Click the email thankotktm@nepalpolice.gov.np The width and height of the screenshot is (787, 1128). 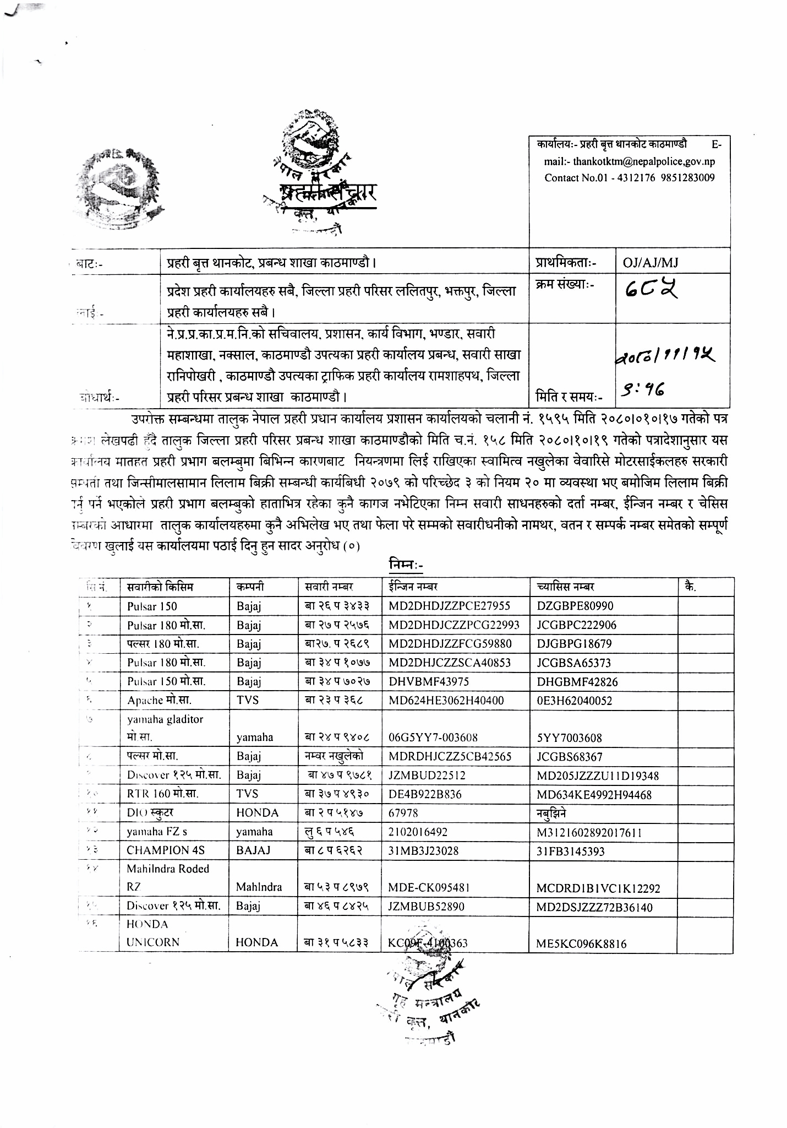[x=644, y=162]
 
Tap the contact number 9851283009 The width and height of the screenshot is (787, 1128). [x=689, y=178]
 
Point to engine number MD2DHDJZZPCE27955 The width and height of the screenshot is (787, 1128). [x=449, y=606]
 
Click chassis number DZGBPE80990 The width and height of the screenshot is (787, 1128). [x=575, y=606]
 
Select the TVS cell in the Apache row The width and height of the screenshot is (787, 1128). [x=248, y=700]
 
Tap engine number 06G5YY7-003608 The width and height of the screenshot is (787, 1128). [x=433, y=737]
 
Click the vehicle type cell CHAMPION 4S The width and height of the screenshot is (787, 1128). [x=166, y=850]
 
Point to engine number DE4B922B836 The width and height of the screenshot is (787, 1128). [x=425, y=794]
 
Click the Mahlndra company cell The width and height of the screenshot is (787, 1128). [x=259, y=887]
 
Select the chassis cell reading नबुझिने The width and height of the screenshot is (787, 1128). [x=551, y=813]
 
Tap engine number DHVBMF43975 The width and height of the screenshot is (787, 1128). [x=429, y=681]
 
